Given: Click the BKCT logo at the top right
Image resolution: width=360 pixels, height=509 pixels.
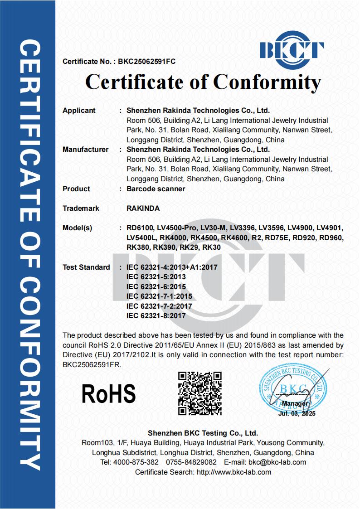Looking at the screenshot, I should (292, 49).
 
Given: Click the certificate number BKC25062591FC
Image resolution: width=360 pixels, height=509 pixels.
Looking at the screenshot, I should (146, 61).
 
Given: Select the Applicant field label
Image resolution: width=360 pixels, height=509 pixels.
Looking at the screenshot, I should (79, 110).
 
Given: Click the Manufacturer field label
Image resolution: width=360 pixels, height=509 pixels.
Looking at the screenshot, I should (85, 149).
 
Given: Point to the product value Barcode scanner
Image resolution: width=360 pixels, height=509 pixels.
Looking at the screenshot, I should (156, 189).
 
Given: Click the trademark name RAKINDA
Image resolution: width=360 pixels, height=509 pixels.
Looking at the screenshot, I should (143, 208).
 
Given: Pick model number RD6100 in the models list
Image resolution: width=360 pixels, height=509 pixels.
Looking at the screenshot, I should (140, 228).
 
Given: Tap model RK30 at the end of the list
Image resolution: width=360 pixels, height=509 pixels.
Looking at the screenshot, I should (211, 247).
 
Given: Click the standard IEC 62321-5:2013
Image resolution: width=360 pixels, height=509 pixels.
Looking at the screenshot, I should (156, 276).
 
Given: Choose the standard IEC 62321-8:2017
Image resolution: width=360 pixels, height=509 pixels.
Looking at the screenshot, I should (156, 316).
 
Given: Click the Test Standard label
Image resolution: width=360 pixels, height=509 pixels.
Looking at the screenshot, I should (86, 267).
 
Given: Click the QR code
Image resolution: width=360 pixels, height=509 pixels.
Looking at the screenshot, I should (199, 393).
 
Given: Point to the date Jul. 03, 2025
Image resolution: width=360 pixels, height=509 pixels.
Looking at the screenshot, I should (297, 413).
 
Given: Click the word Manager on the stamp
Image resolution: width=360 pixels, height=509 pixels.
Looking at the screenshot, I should (295, 403).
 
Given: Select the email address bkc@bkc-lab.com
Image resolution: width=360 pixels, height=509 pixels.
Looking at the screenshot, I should (277, 462).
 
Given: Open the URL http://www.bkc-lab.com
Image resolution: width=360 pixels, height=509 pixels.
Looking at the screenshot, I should (234, 472).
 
